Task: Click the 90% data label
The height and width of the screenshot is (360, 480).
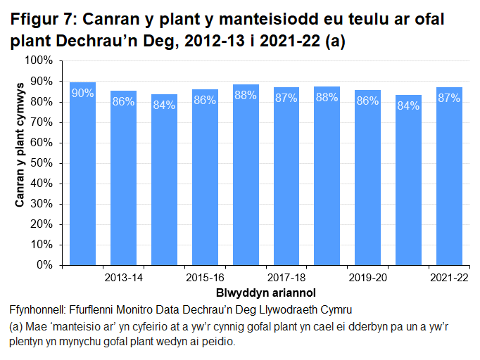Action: pyautogui.click(x=82, y=94)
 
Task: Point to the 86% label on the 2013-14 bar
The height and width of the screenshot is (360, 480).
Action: pyautogui.click(x=123, y=101)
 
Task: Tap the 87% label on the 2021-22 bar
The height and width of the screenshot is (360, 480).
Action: pyautogui.click(x=449, y=98)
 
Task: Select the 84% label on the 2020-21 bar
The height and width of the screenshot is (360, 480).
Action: pyautogui.click(x=408, y=105)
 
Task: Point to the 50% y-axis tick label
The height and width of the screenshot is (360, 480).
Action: pyautogui.click(x=41, y=163)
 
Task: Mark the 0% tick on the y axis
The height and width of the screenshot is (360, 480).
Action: pyautogui.click(x=44, y=266)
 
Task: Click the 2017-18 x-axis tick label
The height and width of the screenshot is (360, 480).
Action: pyautogui.click(x=286, y=278)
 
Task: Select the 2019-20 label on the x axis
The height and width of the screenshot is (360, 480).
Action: pyautogui.click(x=367, y=278)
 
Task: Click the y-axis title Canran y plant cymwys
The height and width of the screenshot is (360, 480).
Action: pyautogui.click(x=20, y=163)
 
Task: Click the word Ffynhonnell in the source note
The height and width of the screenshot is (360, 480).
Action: pyautogui.click(x=40, y=310)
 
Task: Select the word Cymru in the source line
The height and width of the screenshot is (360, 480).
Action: pyautogui.click(x=334, y=310)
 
